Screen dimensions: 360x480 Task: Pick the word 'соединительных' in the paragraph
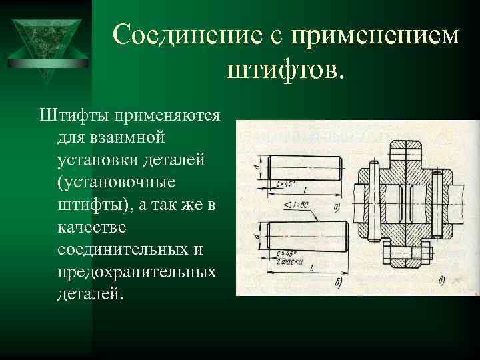click(131, 251)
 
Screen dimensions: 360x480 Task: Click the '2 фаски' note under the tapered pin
click(290, 261)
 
